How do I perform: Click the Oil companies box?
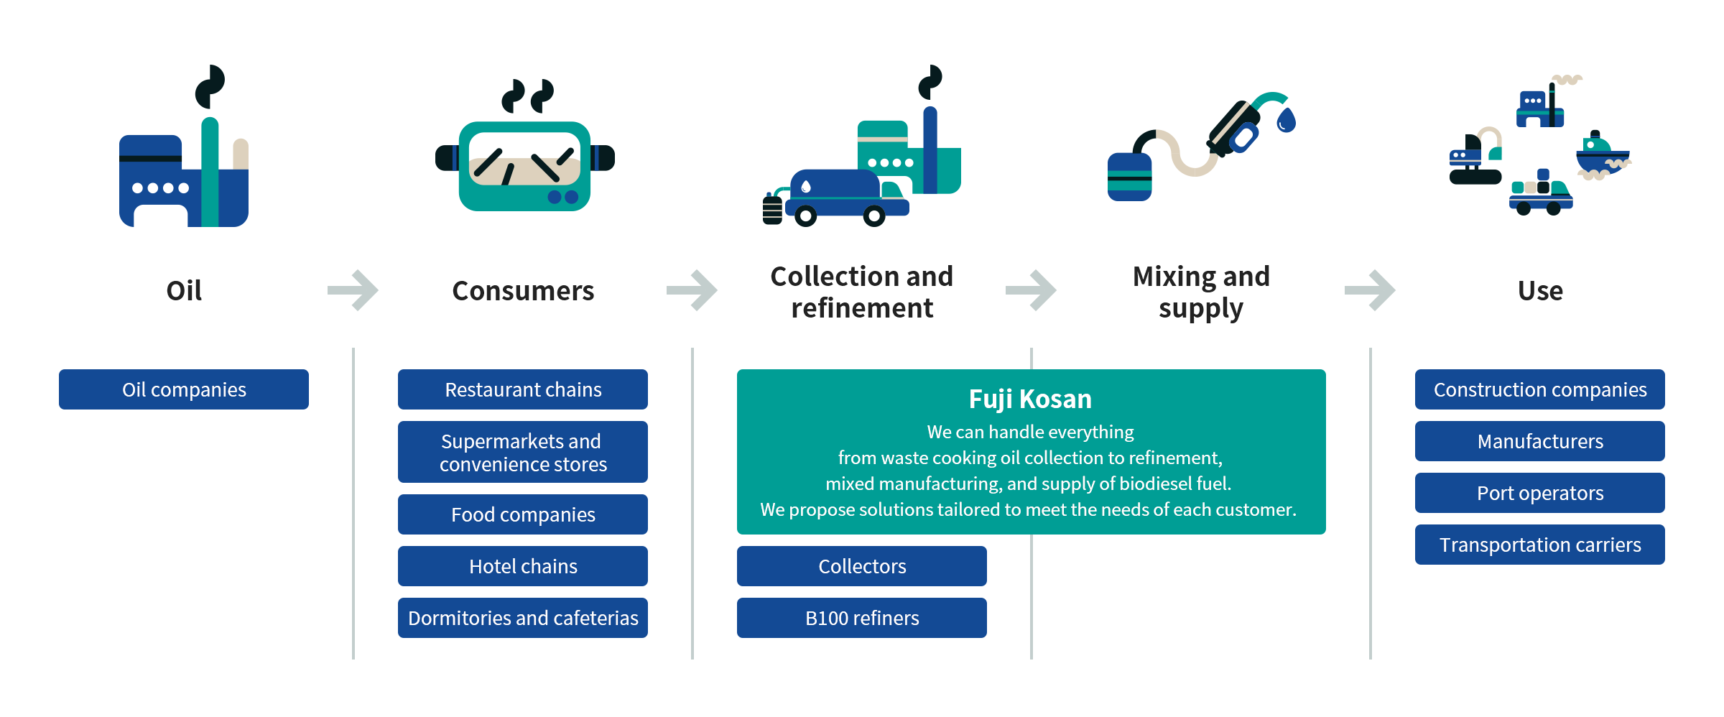click(184, 389)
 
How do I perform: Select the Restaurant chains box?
click(523, 389)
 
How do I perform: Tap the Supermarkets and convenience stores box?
click(523, 452)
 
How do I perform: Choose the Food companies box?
click(523, 514)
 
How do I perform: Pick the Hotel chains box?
click(523, 566)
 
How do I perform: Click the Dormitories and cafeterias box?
click(523, 618)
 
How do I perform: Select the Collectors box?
click(862, 566)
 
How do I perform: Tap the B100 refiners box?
click(862, 618)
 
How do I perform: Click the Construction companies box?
click(1540, 389)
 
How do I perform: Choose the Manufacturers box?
click(1540, 441)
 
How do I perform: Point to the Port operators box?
click(1540, 493)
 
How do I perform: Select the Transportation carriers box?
click(1540, 545)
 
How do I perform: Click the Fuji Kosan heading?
click(1030, 399)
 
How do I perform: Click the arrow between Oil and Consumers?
click(353, 290)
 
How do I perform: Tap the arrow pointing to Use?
click(1370, 290)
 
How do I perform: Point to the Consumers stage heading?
click(523, 291)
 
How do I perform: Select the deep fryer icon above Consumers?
click(524, 165)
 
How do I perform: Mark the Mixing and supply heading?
click(1201, 292)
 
